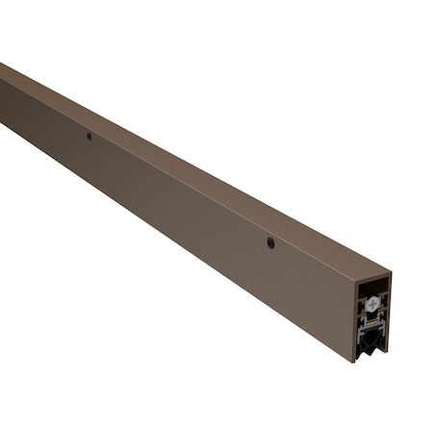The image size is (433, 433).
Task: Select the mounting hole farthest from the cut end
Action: click(x=89, y=136)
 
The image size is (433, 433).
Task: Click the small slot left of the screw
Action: click(x=363, y=304)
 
